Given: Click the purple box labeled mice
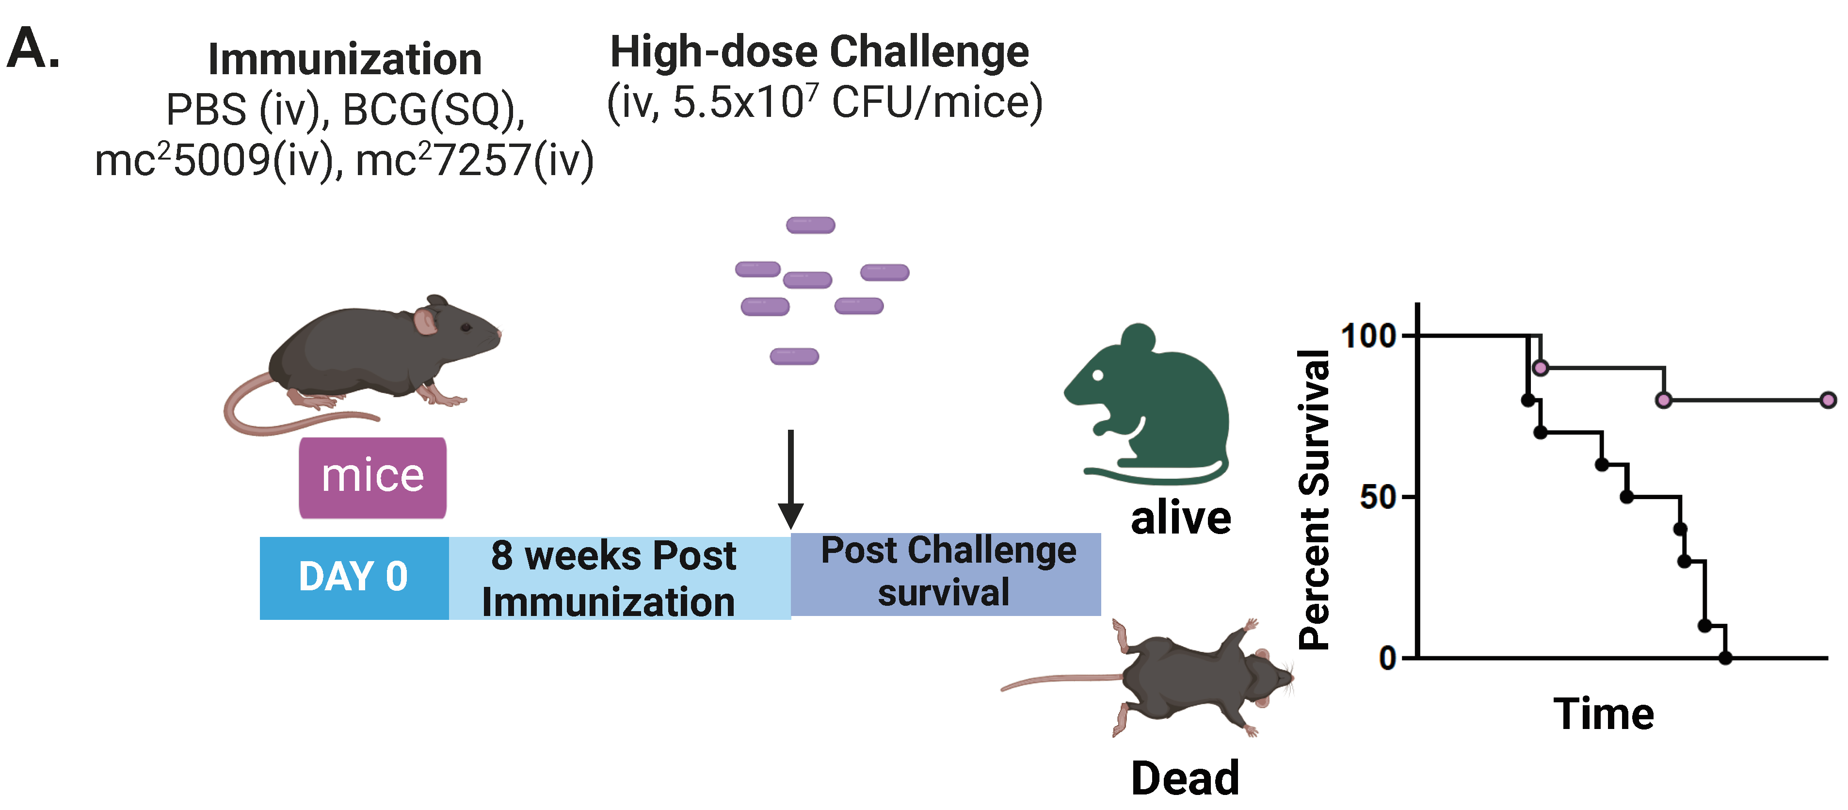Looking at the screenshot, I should tap(372, 477).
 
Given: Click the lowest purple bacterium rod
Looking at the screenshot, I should tap(794, 356).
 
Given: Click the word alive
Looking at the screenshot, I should tap(1180, 518).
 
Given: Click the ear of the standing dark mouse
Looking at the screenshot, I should tap(425, 322).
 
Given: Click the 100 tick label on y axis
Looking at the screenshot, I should tap(1367, 336).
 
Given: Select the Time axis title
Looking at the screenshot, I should tap(1604, 714).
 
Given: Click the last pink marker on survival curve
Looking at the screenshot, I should tap(1828, 400).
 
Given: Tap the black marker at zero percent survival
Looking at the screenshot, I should tap(1725, 657).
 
